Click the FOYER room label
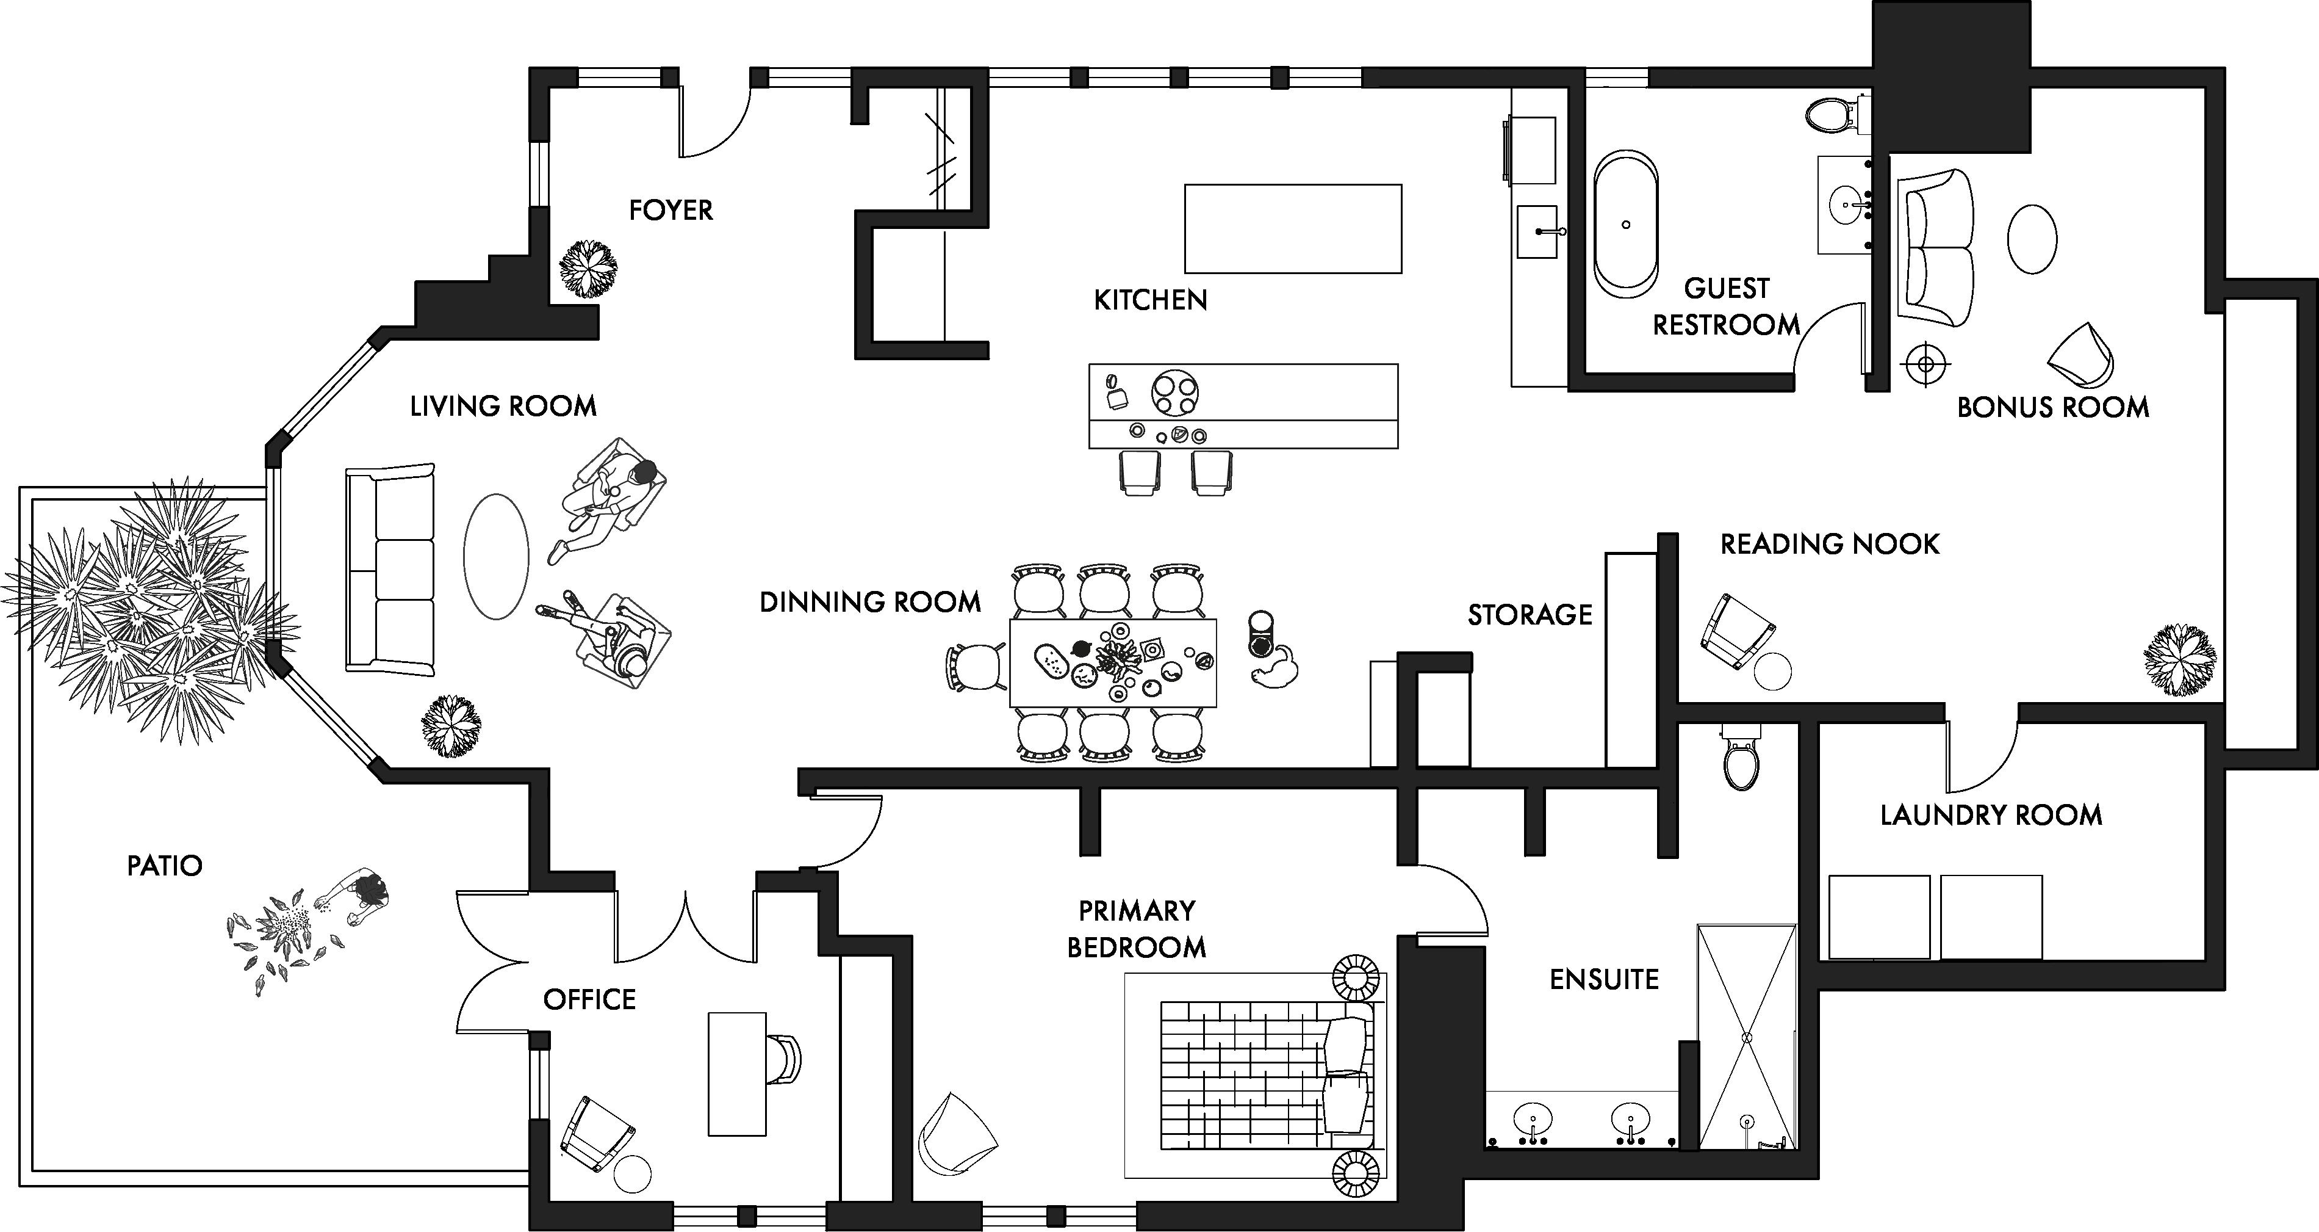(x=671, y=210)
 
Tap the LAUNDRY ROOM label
(x=1990, y=815)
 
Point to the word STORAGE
(x=1530, y=615)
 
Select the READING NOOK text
(x=1829, y=544)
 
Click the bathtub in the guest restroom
(x=1626, y=223)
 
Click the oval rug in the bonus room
(x=2032, y=239)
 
